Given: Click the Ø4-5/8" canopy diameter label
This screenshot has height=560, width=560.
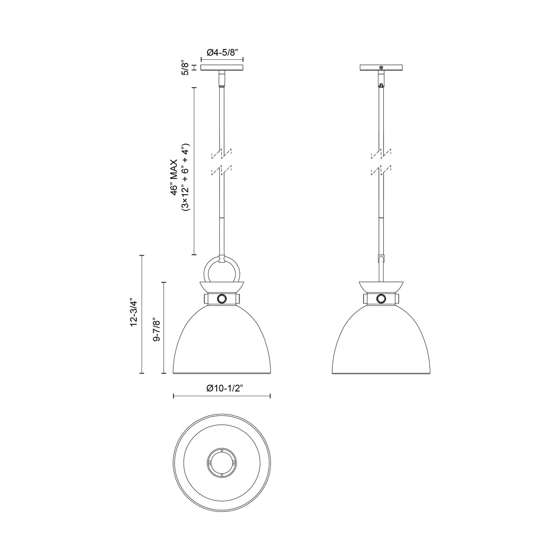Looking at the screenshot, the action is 222,53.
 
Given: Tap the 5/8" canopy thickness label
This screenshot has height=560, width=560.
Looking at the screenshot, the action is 185,68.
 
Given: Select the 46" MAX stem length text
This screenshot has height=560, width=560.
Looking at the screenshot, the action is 175,177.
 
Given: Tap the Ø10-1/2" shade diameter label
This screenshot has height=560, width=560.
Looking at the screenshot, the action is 224,388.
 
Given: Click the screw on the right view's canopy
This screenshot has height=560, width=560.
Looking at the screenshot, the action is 381,68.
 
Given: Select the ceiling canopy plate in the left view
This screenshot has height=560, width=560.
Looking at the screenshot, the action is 222,68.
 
